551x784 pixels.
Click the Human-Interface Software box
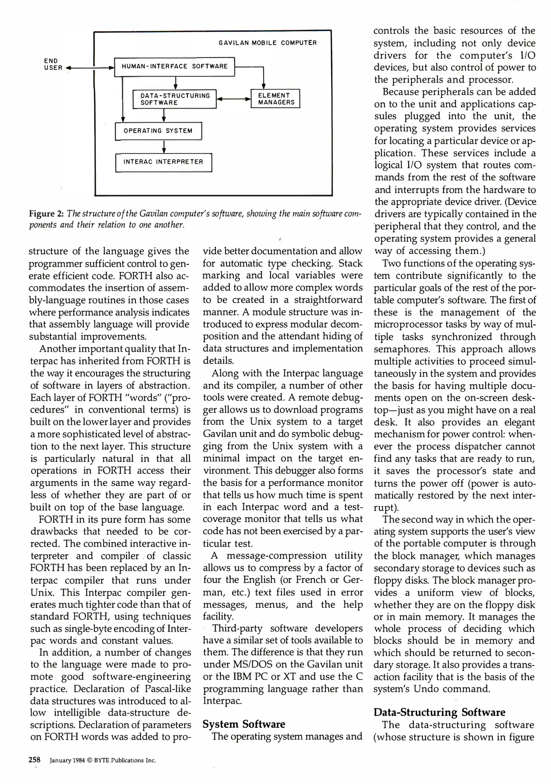(x=174, y=66)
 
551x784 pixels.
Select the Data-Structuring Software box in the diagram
(x=174, y=99)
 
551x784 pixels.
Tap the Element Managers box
(x=276, y=99)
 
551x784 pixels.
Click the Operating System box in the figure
(x=158, y=131)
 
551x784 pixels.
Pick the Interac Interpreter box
(x=163, y=162)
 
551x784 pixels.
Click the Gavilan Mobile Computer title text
(x=267, y=43)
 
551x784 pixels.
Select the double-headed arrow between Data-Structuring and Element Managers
(x=234, y=99)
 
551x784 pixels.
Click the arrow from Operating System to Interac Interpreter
(x=164, y=147)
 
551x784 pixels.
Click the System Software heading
(x=243, y=724)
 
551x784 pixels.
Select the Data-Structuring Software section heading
(x=439, y=712)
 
